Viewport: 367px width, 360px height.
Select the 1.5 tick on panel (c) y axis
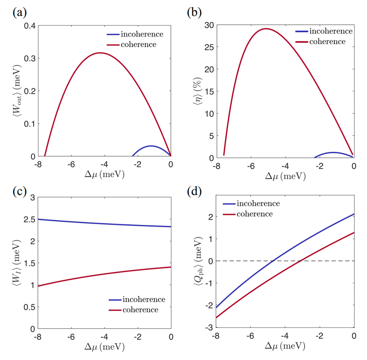[x=29, y=263]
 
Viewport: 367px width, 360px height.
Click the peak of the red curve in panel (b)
[x=266, y=29]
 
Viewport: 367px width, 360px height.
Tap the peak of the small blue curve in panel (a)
[x=151, y=146]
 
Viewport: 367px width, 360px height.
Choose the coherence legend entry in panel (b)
[x=327, y=41]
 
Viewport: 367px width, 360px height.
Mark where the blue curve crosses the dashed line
[x=273, y=261]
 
